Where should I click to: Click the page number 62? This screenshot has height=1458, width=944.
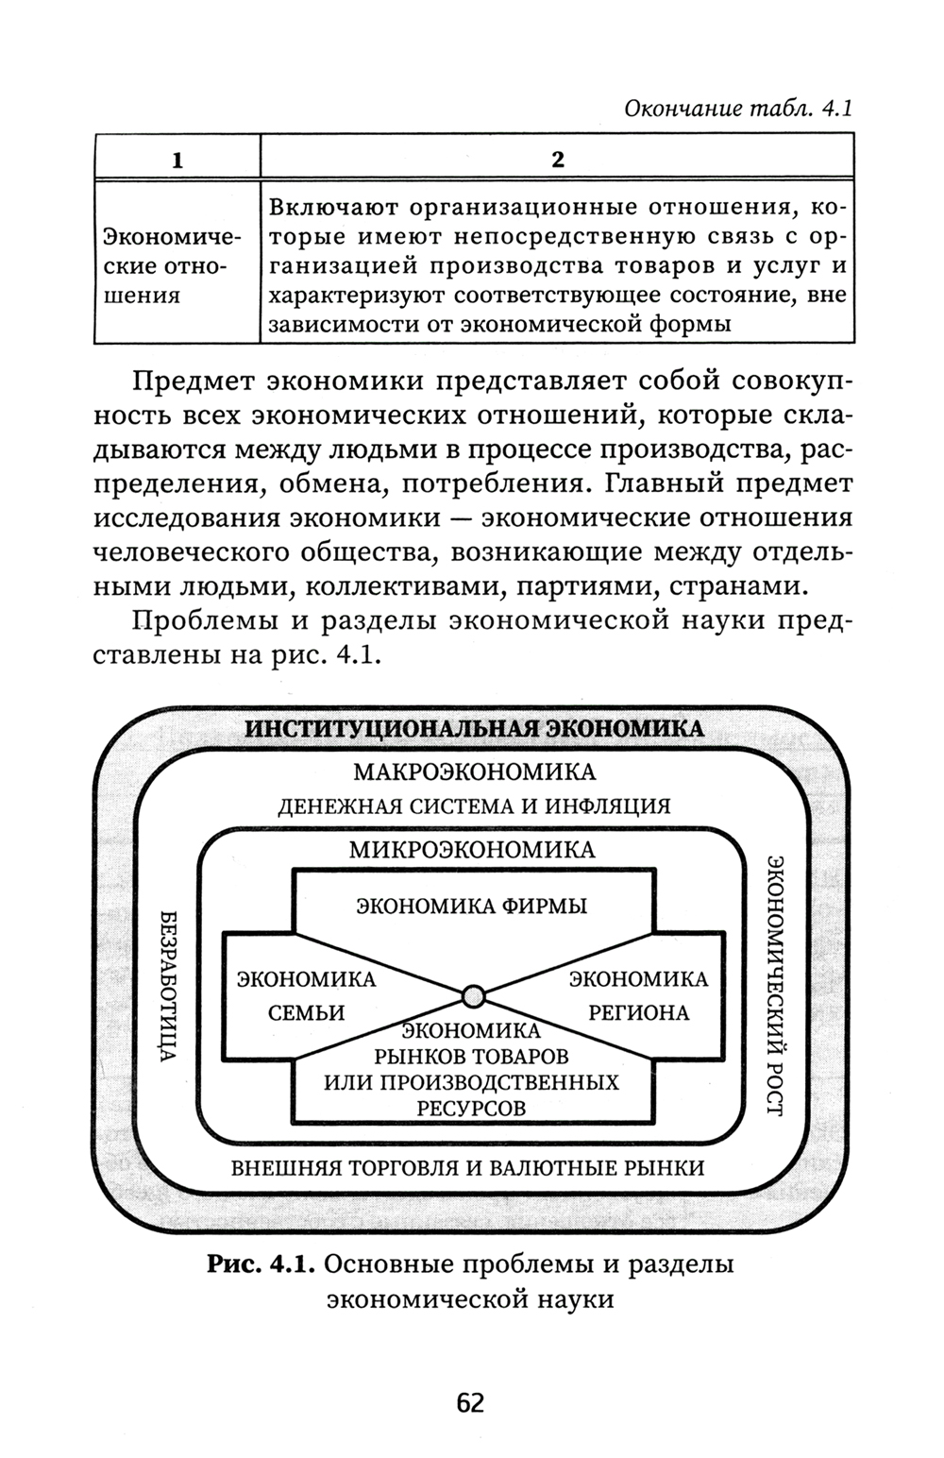(x=469, y=1403)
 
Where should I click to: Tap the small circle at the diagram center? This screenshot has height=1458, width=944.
(x=474, y=995)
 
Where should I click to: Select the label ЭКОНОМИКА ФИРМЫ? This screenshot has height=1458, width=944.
(x=471, y=907)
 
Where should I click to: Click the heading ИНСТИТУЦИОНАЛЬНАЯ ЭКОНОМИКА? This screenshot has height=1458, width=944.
(x=474, y=729)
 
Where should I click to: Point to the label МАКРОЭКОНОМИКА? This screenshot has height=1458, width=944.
(x=474, y=772)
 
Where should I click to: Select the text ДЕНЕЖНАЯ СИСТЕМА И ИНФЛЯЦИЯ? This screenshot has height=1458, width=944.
(x=473, y=806)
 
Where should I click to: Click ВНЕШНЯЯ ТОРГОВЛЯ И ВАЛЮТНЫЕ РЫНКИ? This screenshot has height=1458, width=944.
(x=468, y=1167)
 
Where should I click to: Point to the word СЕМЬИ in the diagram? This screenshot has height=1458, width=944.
(x=306, y=1013)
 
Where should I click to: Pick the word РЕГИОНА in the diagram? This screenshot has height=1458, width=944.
(x=638, y=1013)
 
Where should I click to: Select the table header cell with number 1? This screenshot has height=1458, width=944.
(x=177, y=159)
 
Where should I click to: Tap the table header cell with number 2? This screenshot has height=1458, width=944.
(x=557, y=159)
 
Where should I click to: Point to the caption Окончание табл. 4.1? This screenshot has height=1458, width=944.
(x=725, y=109)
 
